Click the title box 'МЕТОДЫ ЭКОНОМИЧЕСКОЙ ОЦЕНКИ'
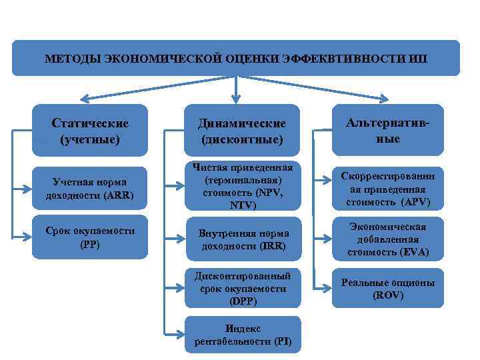(x=236, y=58)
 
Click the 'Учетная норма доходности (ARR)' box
(x=90, y=187)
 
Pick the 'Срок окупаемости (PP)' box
(x=90, y=237)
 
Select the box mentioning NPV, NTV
(x=242, y=187)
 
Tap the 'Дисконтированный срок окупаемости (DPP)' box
(x=242, y=288)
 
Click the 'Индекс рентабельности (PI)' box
(x=242, y=335)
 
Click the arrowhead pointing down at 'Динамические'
(x=235, y=100)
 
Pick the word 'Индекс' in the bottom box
(x=243, y=329)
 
